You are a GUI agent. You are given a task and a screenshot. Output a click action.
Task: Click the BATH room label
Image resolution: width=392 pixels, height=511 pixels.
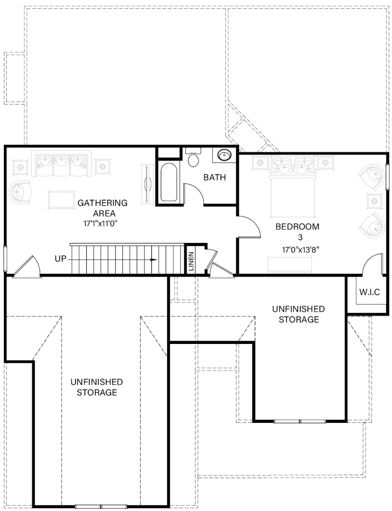pos(215,177)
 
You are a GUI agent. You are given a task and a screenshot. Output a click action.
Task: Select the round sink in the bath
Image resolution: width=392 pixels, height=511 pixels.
pos(224,155)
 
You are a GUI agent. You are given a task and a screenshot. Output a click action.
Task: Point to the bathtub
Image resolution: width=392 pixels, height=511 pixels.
pos(169,182)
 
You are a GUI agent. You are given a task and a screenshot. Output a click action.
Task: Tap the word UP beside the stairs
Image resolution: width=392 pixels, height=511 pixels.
pos(60,258)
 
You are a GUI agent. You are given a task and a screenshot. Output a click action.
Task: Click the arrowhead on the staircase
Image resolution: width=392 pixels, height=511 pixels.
pos(154,260)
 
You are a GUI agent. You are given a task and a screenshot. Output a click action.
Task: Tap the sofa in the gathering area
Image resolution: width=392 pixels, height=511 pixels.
pos(62,164)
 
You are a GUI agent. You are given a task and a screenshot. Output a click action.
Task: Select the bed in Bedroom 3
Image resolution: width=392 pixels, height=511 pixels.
pos(293,186)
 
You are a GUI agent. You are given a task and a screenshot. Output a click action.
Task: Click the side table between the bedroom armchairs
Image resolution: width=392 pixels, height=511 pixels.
pos(374,200)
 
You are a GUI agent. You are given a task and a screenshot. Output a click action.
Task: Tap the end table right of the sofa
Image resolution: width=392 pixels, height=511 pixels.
pos(102,166)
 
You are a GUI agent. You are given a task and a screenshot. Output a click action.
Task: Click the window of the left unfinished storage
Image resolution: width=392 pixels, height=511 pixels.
pos(100,506)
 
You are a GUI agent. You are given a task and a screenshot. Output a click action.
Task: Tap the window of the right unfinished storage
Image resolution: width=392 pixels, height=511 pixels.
pos(299,421)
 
